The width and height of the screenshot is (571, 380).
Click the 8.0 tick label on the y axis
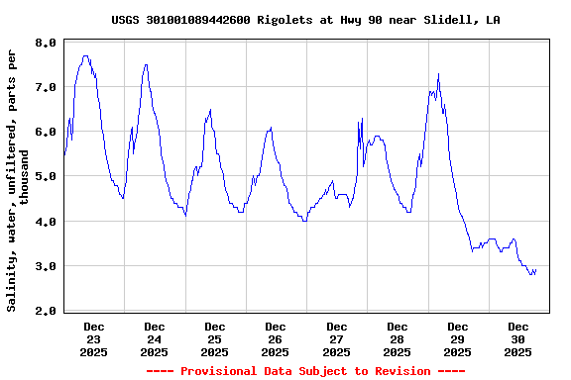[x=45, y=43]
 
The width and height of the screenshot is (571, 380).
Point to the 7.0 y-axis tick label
[x=45, y=87]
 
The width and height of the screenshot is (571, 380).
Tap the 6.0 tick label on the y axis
[x=45, y=132]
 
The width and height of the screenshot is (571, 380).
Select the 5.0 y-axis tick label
[x=45, y=176]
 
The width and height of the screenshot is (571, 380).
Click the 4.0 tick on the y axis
[x=45, y=222]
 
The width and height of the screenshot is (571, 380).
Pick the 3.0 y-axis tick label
[x=45, y=266]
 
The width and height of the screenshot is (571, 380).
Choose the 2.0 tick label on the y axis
[x=45, y=311]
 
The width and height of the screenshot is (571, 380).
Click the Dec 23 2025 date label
[x=94, y=338]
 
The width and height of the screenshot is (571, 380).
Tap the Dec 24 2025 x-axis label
[x=155, y=338]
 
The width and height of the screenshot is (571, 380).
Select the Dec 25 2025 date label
[x=215, y=338]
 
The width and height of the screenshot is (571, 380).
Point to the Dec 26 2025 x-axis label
[x=276, y=338]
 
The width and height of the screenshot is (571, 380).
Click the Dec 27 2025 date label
[x=337, y=338]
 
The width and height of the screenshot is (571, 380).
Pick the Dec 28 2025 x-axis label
[x=398, y=338]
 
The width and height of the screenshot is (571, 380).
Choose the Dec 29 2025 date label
[x=458, y=338]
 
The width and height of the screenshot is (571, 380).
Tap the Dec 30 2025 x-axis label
[x=518, y=338]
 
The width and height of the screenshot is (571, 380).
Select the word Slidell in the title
[x=451, y=20]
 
